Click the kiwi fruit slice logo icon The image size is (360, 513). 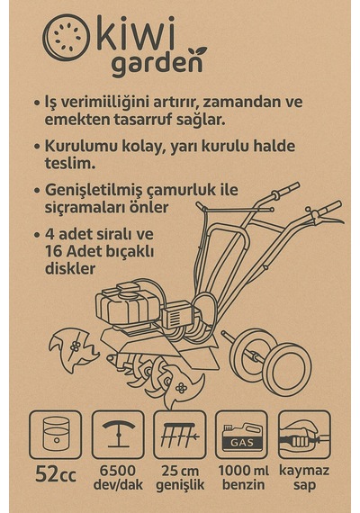[66, 38]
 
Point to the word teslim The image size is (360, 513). [70, 163]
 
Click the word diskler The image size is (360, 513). [70, 268]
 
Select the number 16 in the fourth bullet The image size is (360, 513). [54, 252]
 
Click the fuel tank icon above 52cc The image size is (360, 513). [56, 435]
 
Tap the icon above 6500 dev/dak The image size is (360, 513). [118, 435]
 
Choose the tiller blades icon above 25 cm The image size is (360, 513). [180, 435]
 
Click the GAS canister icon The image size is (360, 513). [241, 435]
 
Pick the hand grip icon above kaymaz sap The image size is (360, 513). [304, 435]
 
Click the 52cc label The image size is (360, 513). [56, 474]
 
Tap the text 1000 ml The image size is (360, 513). [243, 471]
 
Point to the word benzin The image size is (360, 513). [243, 484]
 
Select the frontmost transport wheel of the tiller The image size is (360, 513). [287, 369]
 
